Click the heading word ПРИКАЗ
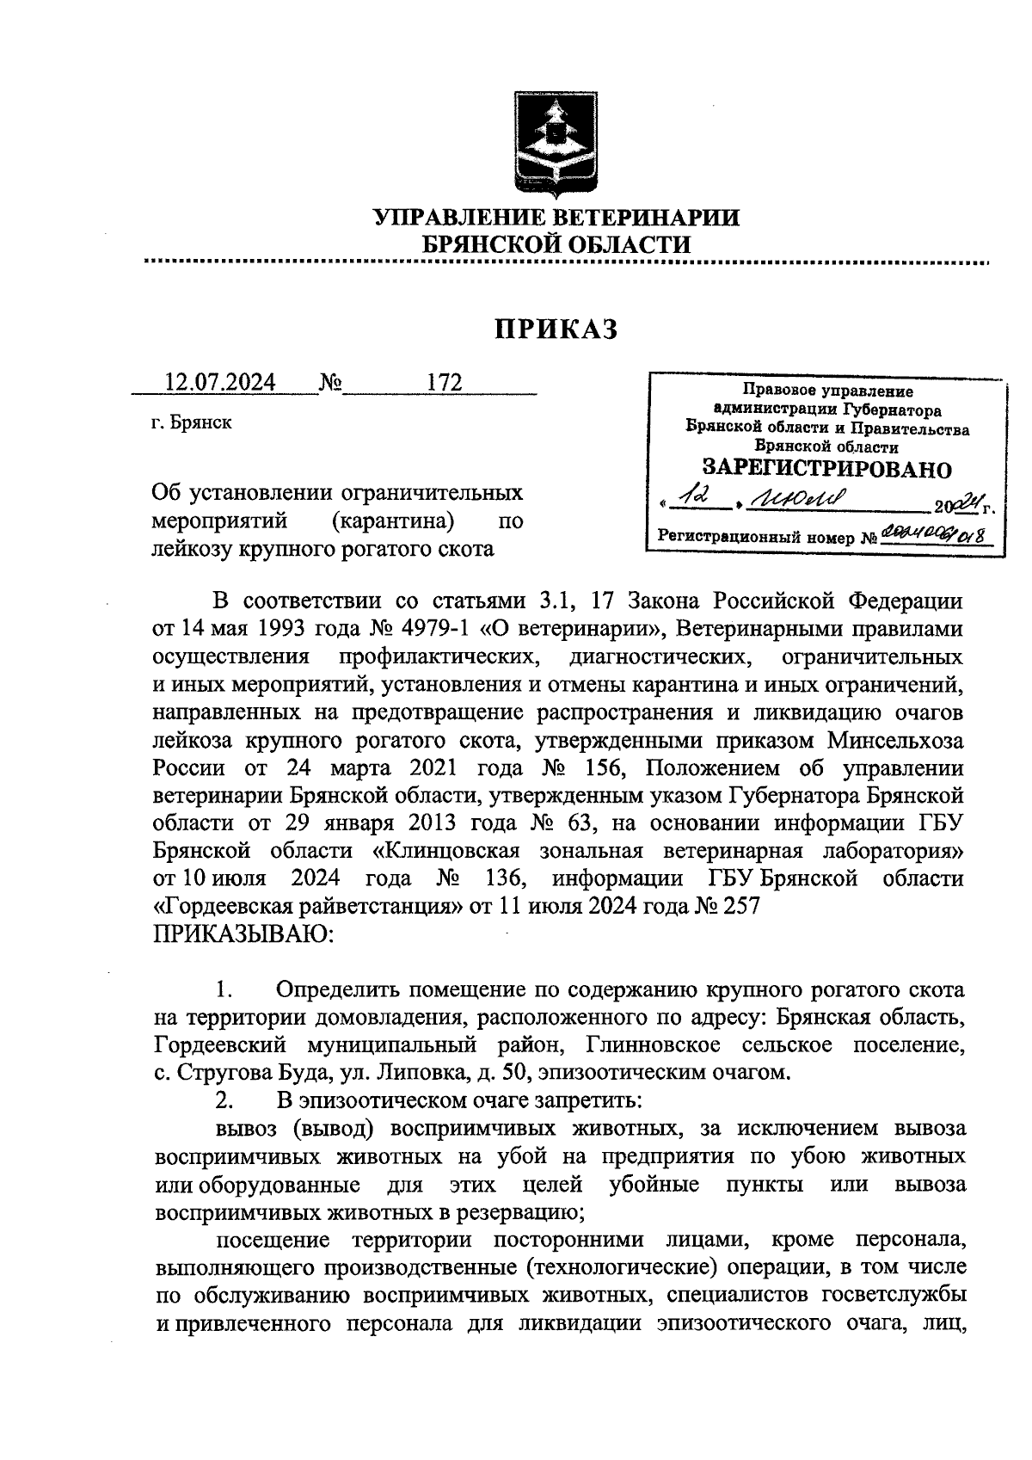(556, 328)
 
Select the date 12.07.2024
(221, 382)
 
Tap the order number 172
(445, 382)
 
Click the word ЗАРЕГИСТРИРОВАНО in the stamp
(827, 469)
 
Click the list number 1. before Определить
(225, 989)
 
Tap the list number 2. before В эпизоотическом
(225, 1100)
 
